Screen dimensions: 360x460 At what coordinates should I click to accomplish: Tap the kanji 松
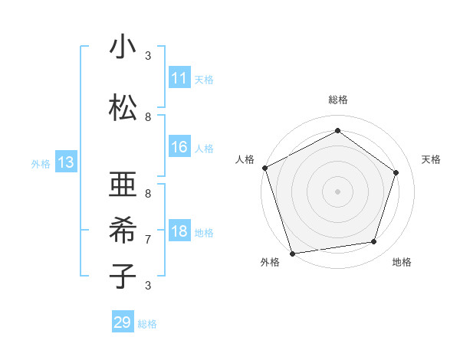click(x=123, y=107)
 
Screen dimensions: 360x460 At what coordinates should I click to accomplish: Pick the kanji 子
click(x=123, y=276)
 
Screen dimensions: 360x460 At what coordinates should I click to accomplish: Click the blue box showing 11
click(x=179, y=78)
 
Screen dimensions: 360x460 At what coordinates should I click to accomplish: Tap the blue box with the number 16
click(x=179, y=147)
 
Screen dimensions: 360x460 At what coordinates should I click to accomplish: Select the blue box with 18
click(x=179, y=231)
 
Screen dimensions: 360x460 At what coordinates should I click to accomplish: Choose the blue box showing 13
click(x=66, y=162)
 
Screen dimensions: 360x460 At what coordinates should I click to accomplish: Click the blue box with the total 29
click(x=123, y=322)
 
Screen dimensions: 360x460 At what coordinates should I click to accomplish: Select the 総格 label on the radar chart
click(x=337, y=100)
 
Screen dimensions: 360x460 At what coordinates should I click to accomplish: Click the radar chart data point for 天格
click(x=396, y=172)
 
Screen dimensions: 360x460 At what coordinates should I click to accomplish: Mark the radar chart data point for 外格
click(x=292, y=253)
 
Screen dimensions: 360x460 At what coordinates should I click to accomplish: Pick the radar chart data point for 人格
click(x=264, y=168)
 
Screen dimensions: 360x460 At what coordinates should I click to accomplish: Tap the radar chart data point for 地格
click(x=374, y=242)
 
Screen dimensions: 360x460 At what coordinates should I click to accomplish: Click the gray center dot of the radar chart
click(x=337, y=191)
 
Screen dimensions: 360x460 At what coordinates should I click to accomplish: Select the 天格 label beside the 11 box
click(x=204, y=79)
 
